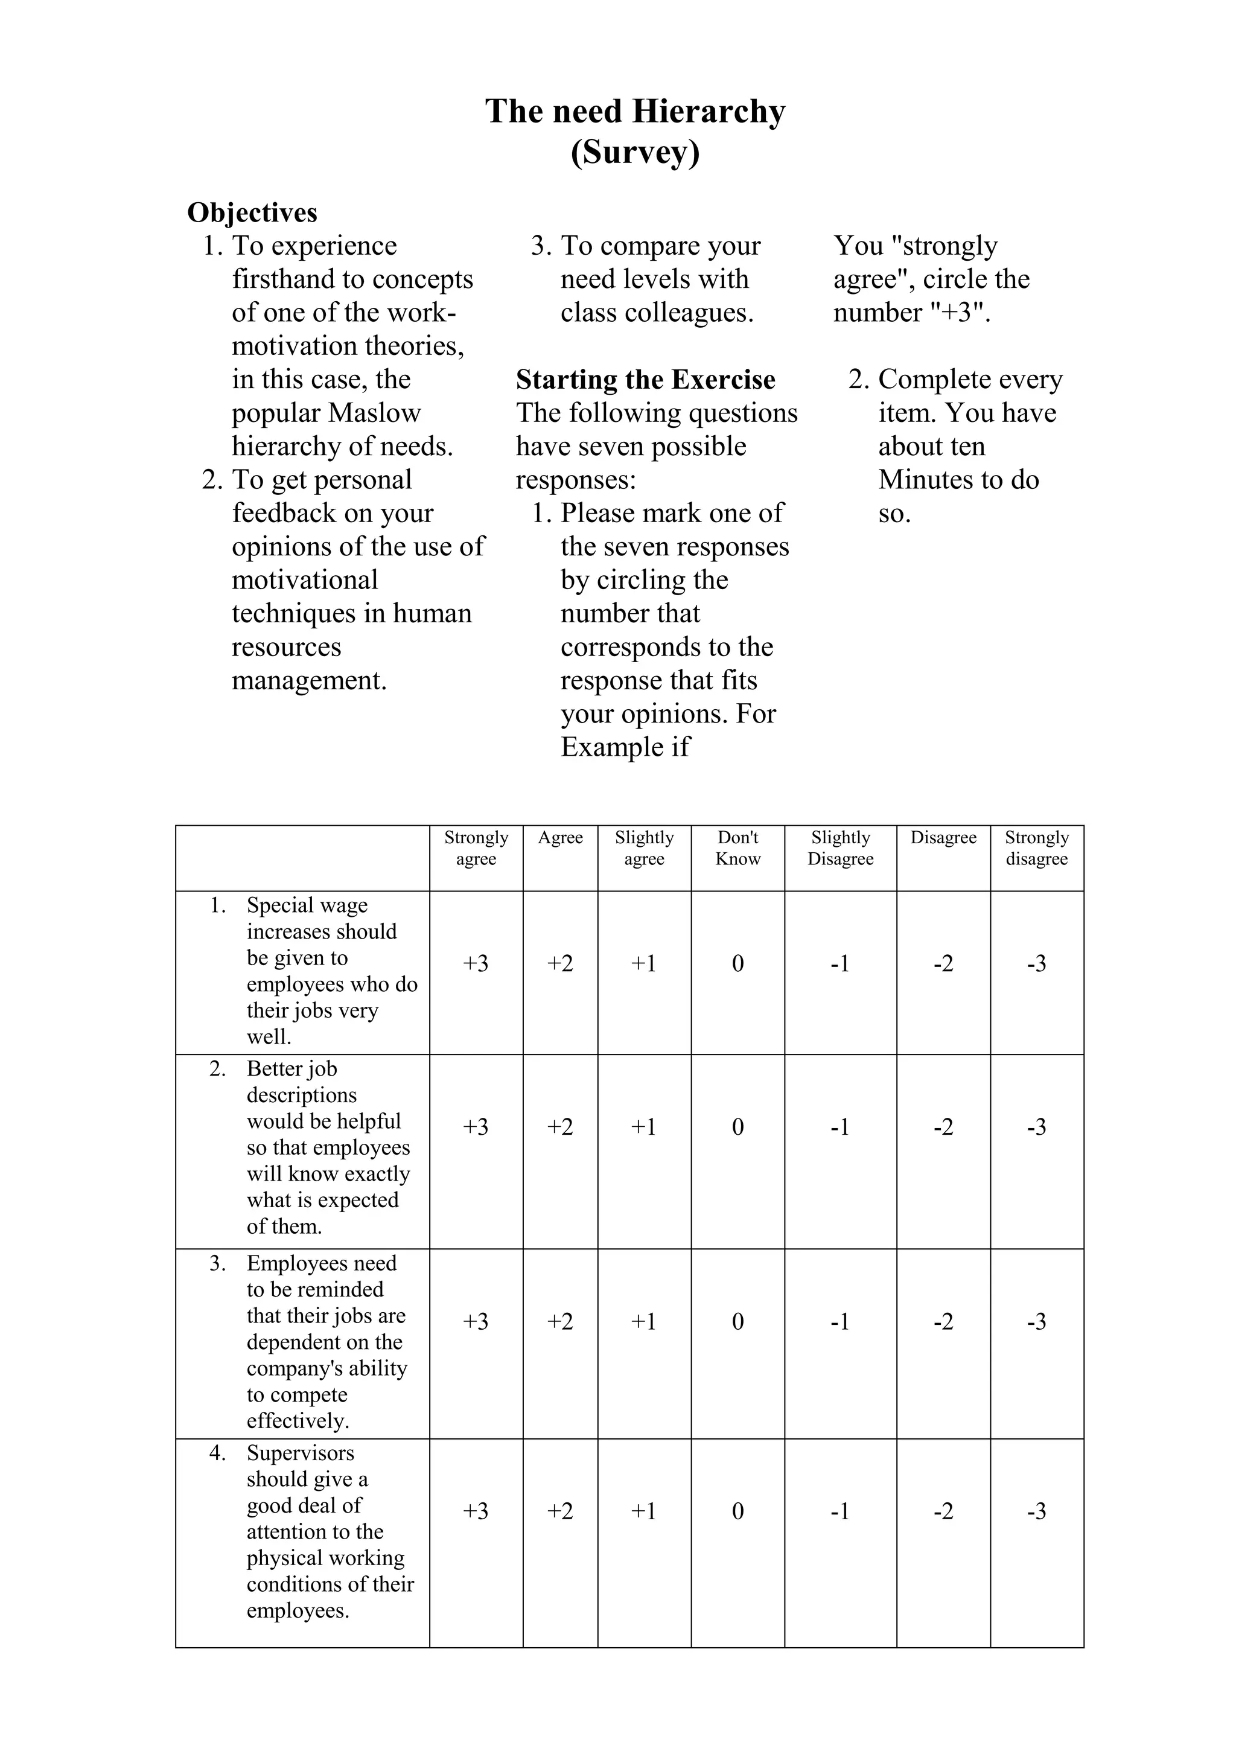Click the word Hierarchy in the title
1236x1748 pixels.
pos(709,112)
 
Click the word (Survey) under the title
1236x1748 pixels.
pos(635,152)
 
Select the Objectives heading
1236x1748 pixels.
pos(252,212)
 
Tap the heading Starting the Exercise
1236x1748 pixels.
pos(645,379)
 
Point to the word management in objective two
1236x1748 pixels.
pos(309,680)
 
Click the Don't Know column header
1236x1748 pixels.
pos(737,848)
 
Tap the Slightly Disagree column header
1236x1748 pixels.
pos(840,848)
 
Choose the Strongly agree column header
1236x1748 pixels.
pos(476,848)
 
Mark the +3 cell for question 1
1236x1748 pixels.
pos(476,964)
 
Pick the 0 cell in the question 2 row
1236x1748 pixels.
pos(737,1127)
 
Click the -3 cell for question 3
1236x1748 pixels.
pos(1037,1322)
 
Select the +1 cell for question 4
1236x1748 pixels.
pos(644,1511)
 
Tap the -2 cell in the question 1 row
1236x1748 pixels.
pos(943,964)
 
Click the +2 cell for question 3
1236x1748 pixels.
pos(560,1322)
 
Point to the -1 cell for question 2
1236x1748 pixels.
pos(840,1127)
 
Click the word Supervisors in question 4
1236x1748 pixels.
pos(301,1453)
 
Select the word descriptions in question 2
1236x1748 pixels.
pos(301,1095)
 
